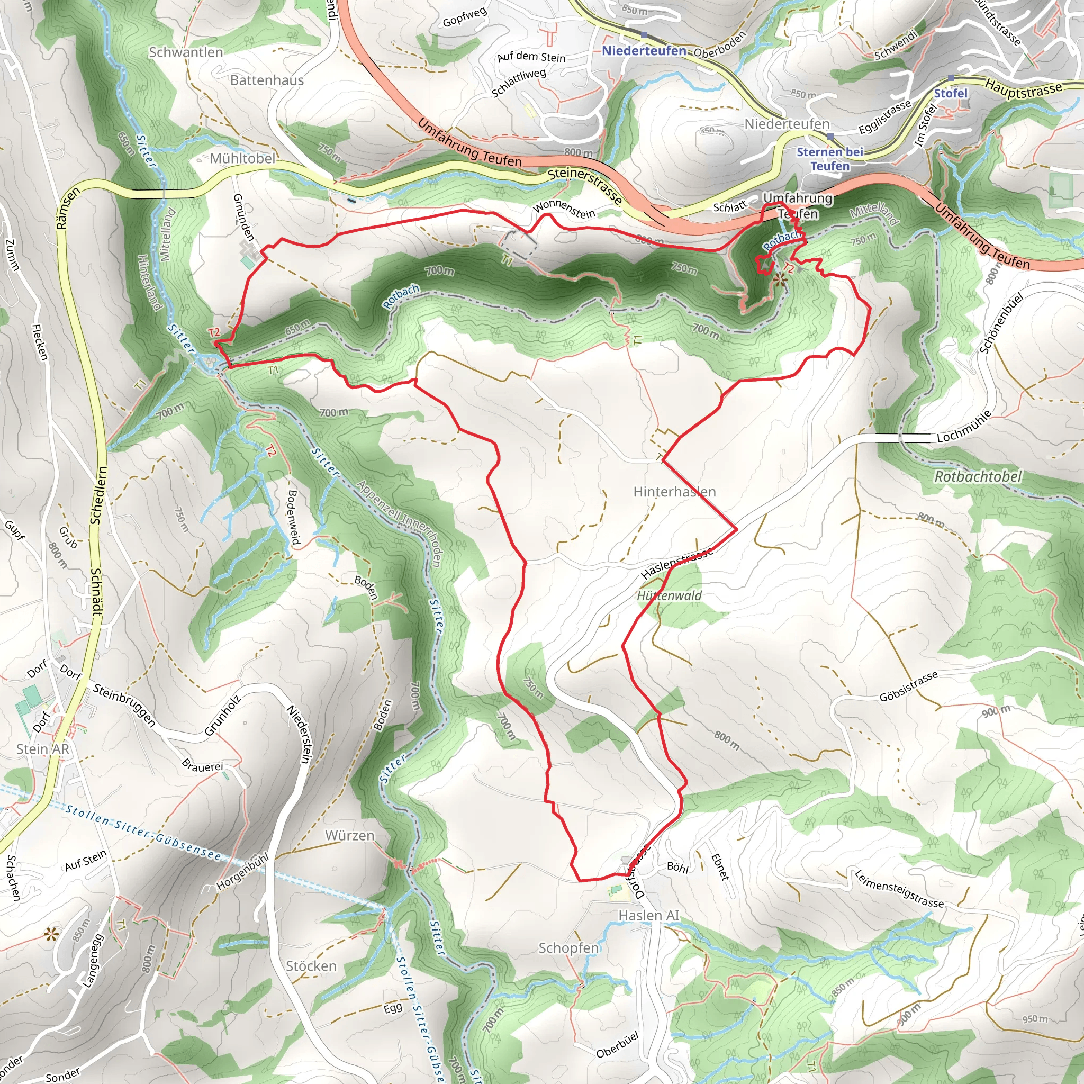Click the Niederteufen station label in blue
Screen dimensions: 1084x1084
pos(644,51)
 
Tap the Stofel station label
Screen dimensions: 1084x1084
pos(951,93)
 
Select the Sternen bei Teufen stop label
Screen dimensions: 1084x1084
pos(830,159)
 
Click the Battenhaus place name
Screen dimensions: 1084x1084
pos(267,80)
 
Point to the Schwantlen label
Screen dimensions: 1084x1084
pos(186,52)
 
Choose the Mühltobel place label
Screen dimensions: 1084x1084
pos(242,159)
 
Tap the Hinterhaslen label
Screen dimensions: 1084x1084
pos(674,492)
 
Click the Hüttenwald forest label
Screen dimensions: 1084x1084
pos(670,596)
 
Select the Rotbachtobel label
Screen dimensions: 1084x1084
pos(978,477)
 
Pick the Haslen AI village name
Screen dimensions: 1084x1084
pos(648,916)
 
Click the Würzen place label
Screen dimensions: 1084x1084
pos(349,835)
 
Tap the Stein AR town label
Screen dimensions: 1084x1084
pos(43,749)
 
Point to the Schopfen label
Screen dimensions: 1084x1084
pos(568,948)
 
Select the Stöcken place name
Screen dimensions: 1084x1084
pos(311,966)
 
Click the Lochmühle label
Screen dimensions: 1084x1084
pos(964,426)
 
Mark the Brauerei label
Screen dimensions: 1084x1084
pos(203,766)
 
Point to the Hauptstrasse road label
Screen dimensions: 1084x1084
pos(1024,88)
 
